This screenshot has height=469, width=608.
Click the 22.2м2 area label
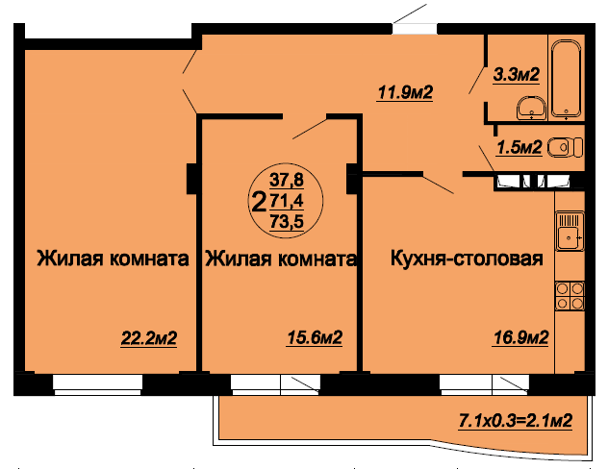coord(149,338)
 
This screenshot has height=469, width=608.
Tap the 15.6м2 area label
coord(315,337)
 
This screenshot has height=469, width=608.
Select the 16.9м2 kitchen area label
coord(520,337)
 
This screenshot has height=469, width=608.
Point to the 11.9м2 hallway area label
coord(405,93)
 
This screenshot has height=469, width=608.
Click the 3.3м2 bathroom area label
coord(516,74)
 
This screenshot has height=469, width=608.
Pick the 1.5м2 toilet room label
coord(519,148)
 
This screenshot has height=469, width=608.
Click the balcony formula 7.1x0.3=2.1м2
coord(516,421)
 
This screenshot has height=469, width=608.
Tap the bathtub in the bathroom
coord(566,80)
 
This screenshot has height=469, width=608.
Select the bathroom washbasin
coord(532,108)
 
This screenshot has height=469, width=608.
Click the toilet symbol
coord(565,147)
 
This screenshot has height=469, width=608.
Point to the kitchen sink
coord(570,232)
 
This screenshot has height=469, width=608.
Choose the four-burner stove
coord(570,295)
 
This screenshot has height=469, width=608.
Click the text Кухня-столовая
coord(467,259)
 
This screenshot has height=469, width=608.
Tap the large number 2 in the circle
coord(259,203)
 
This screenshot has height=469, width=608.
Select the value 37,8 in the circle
coord(287,180)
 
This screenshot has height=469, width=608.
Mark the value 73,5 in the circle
coord(287,222)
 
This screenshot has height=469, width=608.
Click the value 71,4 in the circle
coord(287,201)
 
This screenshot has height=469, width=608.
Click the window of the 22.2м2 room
coord(98,384)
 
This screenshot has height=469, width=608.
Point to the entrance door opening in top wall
coord(414,29)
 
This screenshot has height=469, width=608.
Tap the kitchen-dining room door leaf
coord(438,184)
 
